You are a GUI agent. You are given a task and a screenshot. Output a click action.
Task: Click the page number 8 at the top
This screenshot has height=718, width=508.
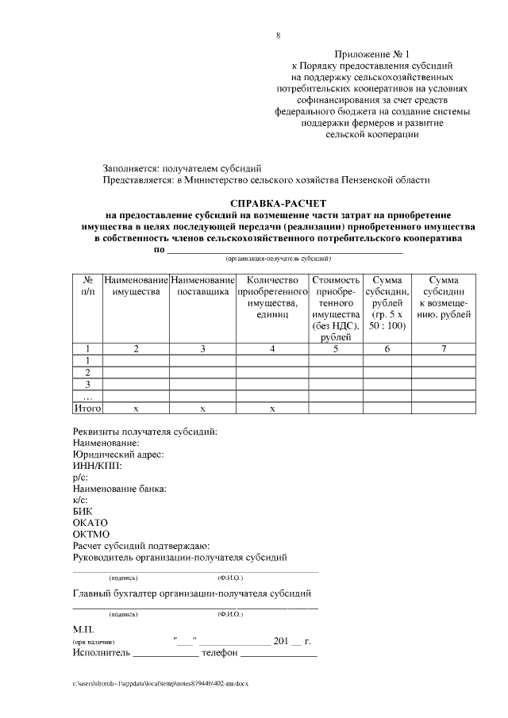[x=278, y=36]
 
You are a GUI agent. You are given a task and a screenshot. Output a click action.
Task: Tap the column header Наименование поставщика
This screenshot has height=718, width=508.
[x=203, y=286]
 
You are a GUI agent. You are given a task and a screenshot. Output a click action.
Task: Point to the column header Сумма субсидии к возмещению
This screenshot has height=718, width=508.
[x=444, y=298]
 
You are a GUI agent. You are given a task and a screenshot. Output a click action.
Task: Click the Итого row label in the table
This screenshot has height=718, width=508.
[x=88, y=408]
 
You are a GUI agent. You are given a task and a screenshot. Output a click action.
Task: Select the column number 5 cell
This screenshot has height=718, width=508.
[x=336, y=348]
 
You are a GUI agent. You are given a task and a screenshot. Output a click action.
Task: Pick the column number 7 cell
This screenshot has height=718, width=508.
[x=444, y=348]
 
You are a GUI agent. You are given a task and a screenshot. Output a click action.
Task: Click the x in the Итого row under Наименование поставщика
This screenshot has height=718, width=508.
[x=203, y=408]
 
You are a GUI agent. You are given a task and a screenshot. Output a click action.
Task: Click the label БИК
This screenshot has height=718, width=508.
[x=83, y=512]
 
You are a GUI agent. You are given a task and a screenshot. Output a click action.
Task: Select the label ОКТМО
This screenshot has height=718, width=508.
[x=90, y=534]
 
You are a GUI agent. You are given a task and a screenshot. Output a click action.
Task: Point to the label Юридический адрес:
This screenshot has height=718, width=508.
[x=117, y=455]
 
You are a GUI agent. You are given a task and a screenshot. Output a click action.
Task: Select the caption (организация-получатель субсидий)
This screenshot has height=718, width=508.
[x=278, y=259]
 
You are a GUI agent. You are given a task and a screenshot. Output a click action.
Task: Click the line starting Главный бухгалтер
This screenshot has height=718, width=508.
[x=191, y=593]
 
